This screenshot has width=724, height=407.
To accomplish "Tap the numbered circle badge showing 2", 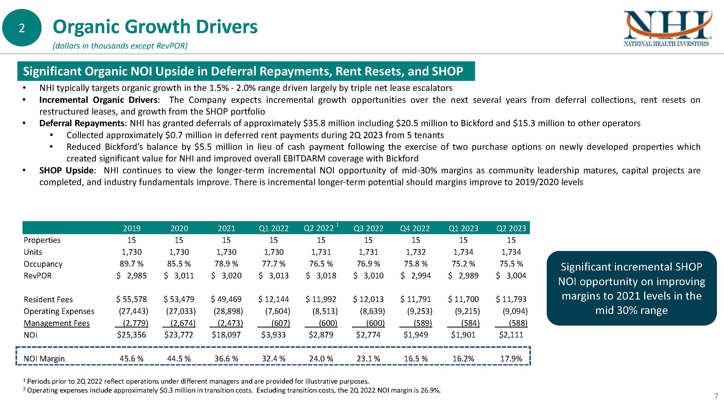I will tap(22, 28).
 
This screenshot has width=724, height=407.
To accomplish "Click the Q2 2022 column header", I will tap(319, 228).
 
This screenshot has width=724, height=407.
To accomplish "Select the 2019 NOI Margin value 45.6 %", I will tap(132, 359).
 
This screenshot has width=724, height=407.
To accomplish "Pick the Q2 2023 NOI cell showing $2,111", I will tap(511, 335).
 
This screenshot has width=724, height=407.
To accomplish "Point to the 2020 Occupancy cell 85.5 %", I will tap(179, 264).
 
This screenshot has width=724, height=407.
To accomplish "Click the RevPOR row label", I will tap(38, 276).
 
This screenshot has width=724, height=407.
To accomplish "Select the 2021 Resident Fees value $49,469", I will tap(226, 299).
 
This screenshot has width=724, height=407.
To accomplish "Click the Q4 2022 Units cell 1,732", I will tap(416, 252).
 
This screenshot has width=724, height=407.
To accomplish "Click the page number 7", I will tap(716, 397).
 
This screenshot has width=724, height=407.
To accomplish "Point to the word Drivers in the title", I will tap(226, 27).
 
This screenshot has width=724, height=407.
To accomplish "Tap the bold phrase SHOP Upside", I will tap(66, 170).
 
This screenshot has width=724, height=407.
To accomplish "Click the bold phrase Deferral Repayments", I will tap(82, 123).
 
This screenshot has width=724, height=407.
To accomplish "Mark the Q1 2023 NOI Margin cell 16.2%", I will tap(463, 359).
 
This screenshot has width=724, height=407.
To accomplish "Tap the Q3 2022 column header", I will tap(368, 228).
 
